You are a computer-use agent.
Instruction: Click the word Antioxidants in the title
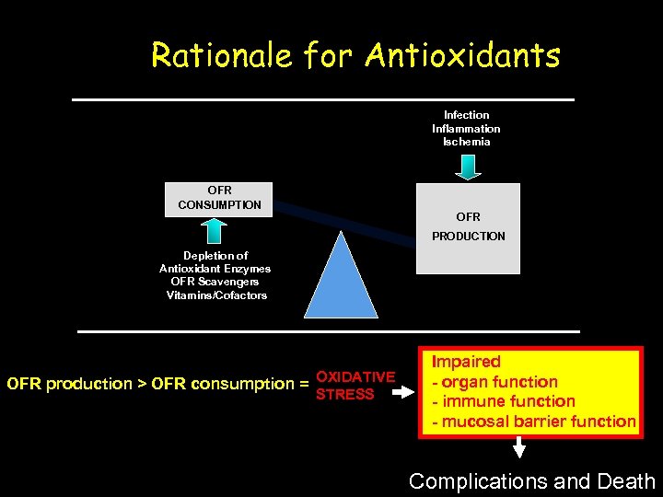pyautogui.click(x=462, y=56)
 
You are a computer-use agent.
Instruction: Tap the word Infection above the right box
pyautogui.click(x=467, y=115)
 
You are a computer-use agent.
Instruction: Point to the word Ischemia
pyautogui.click(x=467, y=142)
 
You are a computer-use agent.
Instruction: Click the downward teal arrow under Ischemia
pyautogui.click(x=468, y=165)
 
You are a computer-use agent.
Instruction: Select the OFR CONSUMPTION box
pyautogui.click(x=219, y=198)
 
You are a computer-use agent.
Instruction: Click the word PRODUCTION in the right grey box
pyautogui.click(x=469, y=237)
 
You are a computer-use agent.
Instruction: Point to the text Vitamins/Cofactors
pyautogui.click(x=216, y=295)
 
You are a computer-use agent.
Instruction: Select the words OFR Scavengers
pyautogui.click(x=215, y=282)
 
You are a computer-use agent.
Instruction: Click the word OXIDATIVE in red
pyautogui.click(x=355, y=376)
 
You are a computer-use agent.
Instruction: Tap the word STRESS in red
pyautogui.click(x=345, y=394)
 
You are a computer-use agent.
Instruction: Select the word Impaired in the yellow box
pyautogui.click(x=467, y=362)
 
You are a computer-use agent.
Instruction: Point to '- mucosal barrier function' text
pyautogui.click(x=534, y=422)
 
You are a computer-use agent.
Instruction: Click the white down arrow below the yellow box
pyautogui.click(x=519, y=448)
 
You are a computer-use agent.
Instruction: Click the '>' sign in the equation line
pyautogui.click(x=143, y=384)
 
